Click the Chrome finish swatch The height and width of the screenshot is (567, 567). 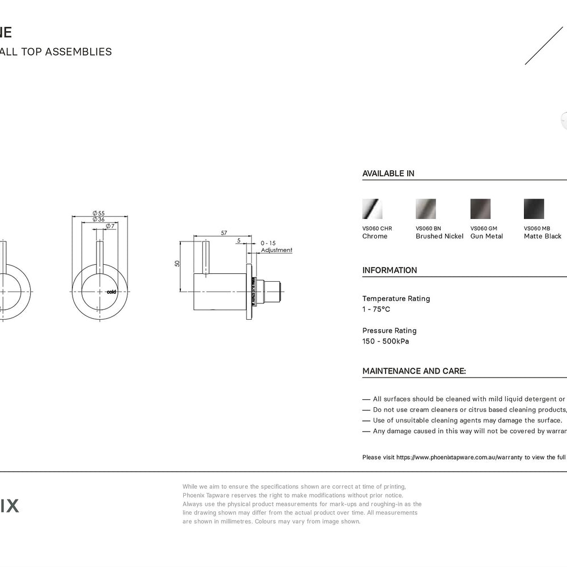tap(372, 209)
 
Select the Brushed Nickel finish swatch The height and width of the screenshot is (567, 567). tap(426, 209)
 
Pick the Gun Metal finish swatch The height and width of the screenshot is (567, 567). tap(480, 209)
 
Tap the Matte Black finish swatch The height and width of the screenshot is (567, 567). tap(534, 209)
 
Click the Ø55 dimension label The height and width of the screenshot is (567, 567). tap(99, 213)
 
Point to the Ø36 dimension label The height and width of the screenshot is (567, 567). tap(99, 219)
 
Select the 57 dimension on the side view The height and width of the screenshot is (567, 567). tap(224, 233)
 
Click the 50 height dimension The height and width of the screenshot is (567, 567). tap(177, 264)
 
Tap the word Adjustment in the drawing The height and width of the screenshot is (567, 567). tap(277, 250)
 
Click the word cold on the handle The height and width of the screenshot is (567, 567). tap(111, 291)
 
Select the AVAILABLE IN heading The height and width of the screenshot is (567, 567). tap(388, 174)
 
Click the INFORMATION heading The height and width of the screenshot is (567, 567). tap(390, 270)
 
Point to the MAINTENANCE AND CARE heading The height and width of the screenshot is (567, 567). tap(414, 371)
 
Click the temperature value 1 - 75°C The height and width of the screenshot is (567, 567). tap(376, 310)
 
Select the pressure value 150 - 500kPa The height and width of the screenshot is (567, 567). tap(386, 341)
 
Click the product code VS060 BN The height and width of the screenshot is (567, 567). tap(428, 229)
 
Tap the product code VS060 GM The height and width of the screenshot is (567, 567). tap(484, 229)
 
